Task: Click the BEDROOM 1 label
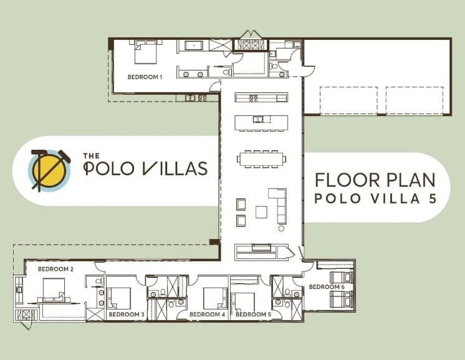click(x=145, y=77)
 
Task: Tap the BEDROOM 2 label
click(x=55, y=268)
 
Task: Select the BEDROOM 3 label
click(x=127, y=314)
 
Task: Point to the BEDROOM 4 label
click(x=207, y=314)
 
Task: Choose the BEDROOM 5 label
click(x=254, y=314)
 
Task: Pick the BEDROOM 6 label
click(x=327, y=286)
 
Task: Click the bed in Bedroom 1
click(x=145, y=52)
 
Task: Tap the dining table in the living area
click(x=261, y=158)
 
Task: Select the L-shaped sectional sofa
click(x=278, y=206)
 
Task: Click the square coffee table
click(x=261, y=212)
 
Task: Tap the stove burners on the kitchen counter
click(x=253, y=97)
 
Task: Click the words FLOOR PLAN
click(x=373, y=180)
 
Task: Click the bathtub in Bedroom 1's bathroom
click(x=189, y=46)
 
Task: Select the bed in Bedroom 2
click(x=54, y=290)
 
